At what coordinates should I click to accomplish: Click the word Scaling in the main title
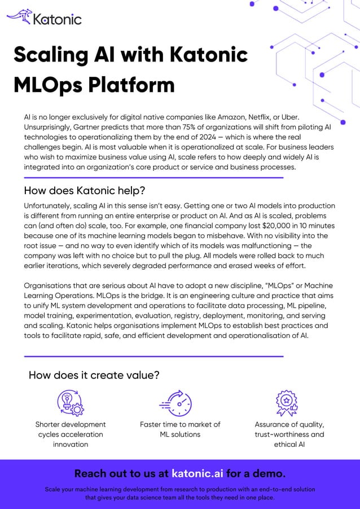pyautogui.click(x=50, y=55)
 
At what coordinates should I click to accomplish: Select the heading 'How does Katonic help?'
pyautogui.click(x=85, y=190)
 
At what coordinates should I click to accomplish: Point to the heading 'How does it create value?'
pyautogui.click(x=94, y=375)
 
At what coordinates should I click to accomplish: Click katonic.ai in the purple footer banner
pyautogui.click(x=197, y=473)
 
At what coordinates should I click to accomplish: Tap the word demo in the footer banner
pyautogui.click(x=270, y=473)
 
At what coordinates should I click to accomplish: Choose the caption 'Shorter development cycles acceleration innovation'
pyautogui.click(x=71, y=434)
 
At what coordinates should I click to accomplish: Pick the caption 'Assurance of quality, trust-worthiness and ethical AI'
pyautogui.click(x=289, y=434)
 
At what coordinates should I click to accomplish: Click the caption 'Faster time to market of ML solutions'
pyautogui.click(x=180, y=429)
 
